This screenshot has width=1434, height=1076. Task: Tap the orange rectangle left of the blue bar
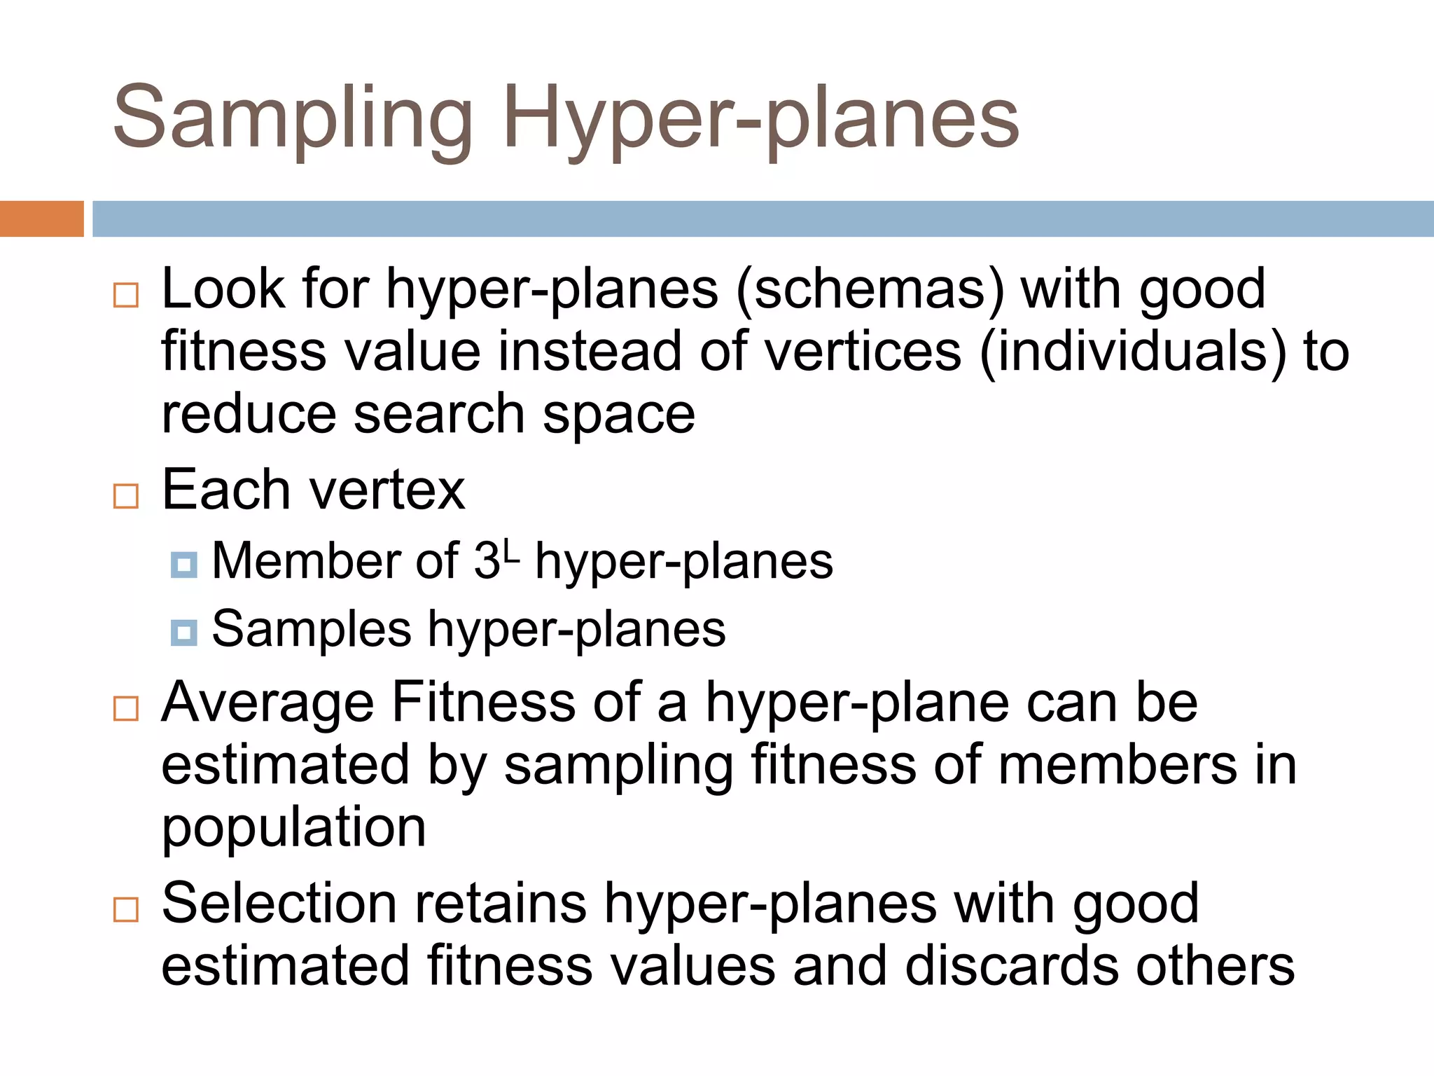41,219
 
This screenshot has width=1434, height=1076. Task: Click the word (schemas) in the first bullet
869,289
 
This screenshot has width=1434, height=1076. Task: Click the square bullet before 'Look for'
126,295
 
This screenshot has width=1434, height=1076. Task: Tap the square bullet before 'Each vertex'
126,496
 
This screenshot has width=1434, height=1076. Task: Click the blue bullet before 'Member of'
183,565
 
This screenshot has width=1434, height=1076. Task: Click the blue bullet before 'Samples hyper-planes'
183,633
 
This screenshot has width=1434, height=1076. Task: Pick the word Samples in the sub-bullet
312,629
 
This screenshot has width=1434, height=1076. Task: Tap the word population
293,828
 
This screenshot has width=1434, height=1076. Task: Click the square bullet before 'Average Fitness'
126,708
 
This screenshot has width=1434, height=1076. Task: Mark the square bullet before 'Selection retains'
126,909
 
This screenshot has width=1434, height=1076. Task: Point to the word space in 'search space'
618,414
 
